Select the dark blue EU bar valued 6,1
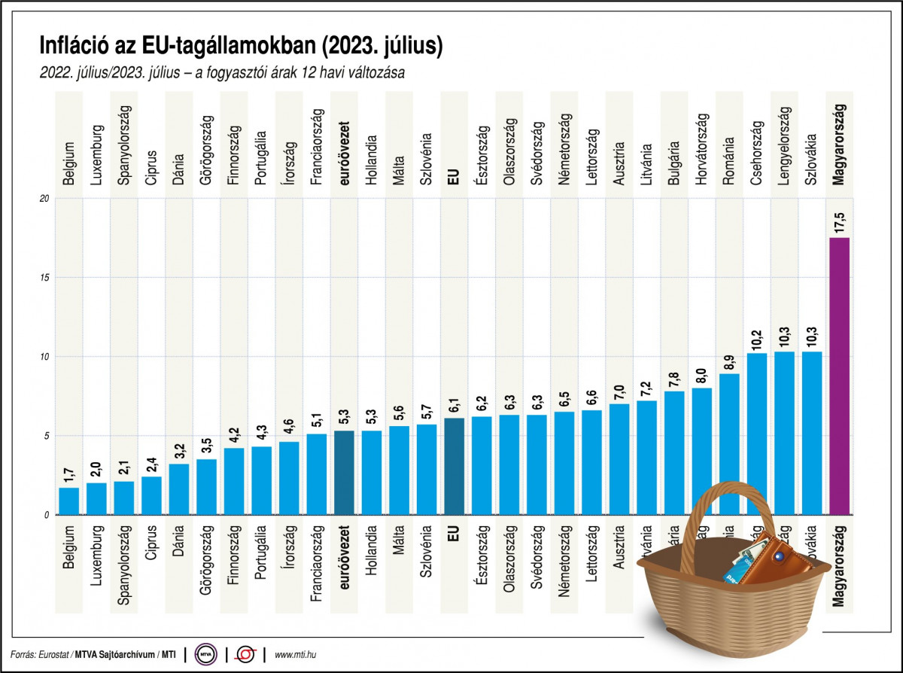(454, 467)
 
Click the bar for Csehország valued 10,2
(756, 422)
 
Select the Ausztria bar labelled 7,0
(619, 459)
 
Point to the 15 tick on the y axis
(44, 278)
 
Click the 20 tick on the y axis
(44, 199)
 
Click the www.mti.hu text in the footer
(296, 655)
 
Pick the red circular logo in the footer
(245, 655)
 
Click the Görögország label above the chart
(206, 150)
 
